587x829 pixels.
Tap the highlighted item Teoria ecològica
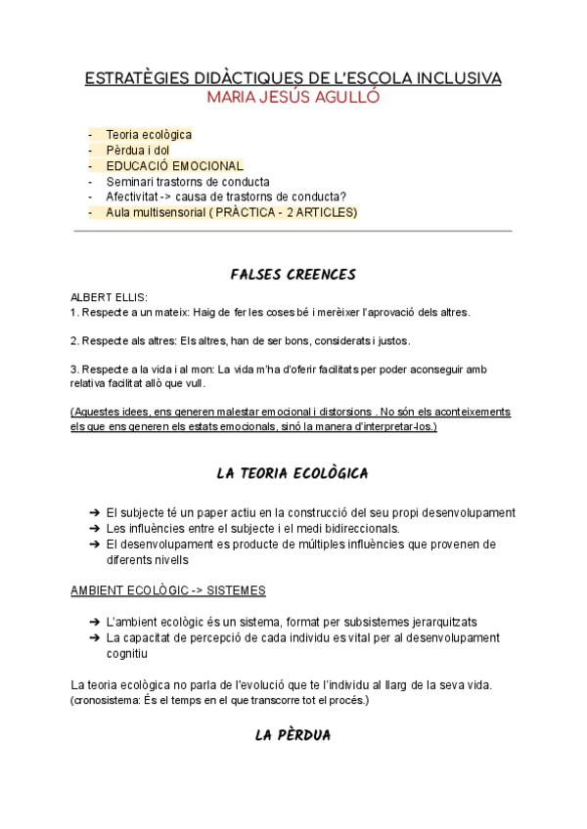[149, 135]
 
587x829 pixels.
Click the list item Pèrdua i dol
[138, 151]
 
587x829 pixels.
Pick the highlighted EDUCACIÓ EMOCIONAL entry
[174, 166]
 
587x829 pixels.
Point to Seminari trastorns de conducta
[188, 182]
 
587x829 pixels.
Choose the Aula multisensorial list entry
[232, 212]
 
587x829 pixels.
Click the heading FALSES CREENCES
[293, 275]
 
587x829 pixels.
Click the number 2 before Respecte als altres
[73, 341]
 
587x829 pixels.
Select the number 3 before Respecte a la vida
[73, 370]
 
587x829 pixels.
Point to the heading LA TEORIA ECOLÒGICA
[293, 474]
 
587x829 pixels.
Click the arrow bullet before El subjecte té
[93, 513]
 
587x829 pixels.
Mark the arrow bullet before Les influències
[93, 529]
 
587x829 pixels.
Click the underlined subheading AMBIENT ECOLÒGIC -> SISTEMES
[168, 591]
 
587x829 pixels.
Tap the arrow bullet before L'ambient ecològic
[93, 623]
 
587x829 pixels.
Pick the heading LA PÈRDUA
[293, 735]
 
